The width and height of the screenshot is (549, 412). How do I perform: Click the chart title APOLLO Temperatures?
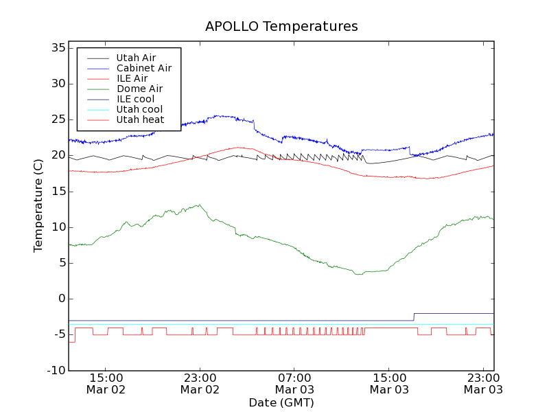coord(281,27)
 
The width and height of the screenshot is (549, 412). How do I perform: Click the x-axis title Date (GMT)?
coord(281,402)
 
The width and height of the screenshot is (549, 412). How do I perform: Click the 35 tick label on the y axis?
coord(58,48)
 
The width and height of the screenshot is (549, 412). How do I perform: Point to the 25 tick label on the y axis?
coord(58,119)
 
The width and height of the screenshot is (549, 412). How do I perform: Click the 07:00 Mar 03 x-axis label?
coord(294,383)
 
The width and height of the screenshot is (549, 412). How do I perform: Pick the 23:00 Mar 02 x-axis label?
coord(200,383)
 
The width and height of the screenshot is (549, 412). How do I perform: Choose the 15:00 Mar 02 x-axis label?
coord(105,383)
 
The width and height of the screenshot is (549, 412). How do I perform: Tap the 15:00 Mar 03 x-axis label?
coord(389,383)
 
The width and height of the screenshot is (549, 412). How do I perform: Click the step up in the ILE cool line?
coord(414,317)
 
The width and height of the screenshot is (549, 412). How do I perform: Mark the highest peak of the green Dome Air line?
coord(199,205)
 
